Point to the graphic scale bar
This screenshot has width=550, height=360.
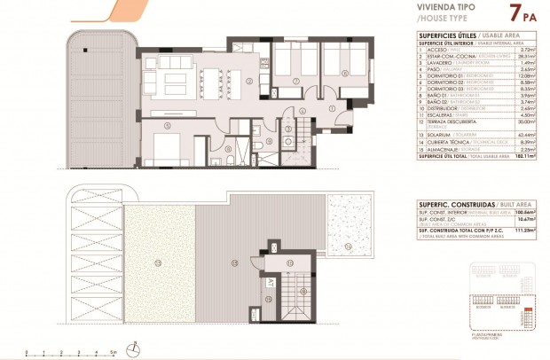coord(71,352)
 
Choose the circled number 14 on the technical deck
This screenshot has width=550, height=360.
coord(348,246)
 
